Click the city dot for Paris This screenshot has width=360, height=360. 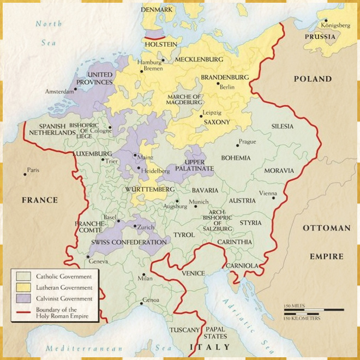click(x=25, y=174)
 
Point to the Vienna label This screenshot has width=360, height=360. click(x=267, y=194)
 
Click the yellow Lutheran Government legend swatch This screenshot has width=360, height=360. click(x=23, y=287)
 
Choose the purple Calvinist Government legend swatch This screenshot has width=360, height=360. click(x=23, y=298)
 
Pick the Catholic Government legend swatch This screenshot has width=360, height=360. click(x=23, y=275)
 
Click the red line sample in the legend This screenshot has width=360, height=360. click(x=23, y=313)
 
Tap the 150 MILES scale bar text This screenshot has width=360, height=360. click(x=293, y=306)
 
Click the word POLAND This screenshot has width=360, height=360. click(x=313, y=79)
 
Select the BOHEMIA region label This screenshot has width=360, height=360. click(x=236, y=158)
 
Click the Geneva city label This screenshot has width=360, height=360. click(x=99, y=262)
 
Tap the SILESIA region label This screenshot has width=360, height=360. click(x=283, y=127)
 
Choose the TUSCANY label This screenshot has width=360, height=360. click(x=184, y=330)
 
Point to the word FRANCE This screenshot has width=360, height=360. click(x=39, y=200)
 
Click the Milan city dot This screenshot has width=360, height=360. click(x=143, y=274)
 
